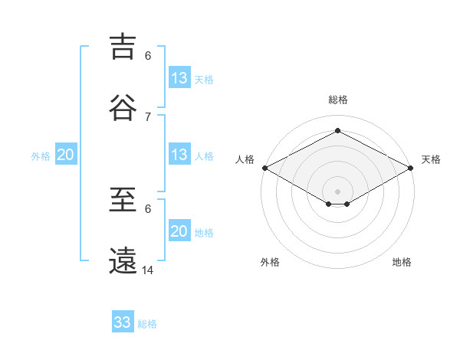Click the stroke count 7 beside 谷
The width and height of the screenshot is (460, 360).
pos(148,116)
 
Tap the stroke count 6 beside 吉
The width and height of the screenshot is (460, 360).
pos(148,56)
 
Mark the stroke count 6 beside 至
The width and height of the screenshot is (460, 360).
pos(148,208)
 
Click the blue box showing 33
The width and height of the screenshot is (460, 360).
pos(123,322)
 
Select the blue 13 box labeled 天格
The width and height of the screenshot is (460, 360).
pos(179,78)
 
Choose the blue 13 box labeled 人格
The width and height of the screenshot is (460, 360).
pos(179,155)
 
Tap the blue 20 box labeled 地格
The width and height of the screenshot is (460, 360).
pos(179,231)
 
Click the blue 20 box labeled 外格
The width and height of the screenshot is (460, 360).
pos(66,155)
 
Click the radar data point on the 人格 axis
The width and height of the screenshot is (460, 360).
pos(264,168)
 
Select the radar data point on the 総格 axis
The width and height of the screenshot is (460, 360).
pos(337,130)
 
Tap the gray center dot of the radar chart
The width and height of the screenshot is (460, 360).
pos(337,190)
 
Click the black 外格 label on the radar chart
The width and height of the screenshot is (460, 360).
pos(270,262)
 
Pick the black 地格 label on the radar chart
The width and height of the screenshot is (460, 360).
pos(402,262)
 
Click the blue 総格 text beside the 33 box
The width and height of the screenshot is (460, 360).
pos(148,324)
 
